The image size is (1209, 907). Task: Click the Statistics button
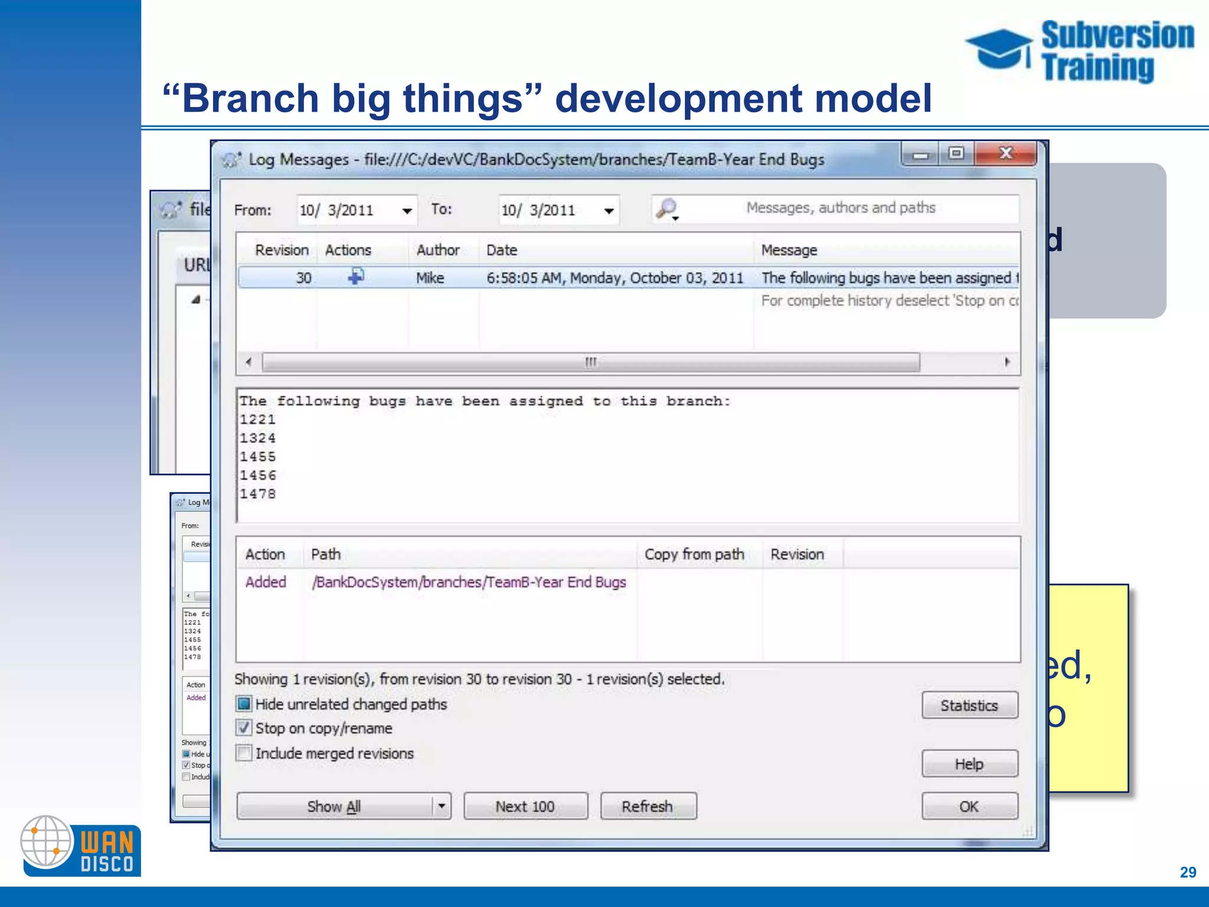[x=969, y=705]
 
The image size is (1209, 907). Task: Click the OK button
[x=969, y=806]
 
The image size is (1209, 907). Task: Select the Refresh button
[x=648, y=806]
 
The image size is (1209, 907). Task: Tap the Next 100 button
[x=525, y=806]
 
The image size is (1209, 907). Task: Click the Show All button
[x=334, y=806]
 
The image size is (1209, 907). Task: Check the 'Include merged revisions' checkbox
[x=243, y=753]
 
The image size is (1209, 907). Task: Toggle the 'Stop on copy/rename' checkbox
[x=243, y=727]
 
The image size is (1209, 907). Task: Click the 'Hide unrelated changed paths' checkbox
[x=243, y=704]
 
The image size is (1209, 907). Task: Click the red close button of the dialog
[x=1006, y=154]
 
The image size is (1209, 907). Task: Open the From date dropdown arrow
[x=407, y=211]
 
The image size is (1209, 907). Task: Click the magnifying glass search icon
[x=666, y=208]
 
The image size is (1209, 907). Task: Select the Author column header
[x=437, y=250]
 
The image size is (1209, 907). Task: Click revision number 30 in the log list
[x=303, y=278]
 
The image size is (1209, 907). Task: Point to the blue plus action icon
[x=355, y=276]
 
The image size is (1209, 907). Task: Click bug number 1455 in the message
[x=257, y=456]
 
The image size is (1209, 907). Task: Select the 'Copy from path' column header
[x=694, y=554]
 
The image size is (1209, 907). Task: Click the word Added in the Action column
[x=266, y=582]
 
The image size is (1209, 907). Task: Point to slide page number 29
[x=1188, y=872]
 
